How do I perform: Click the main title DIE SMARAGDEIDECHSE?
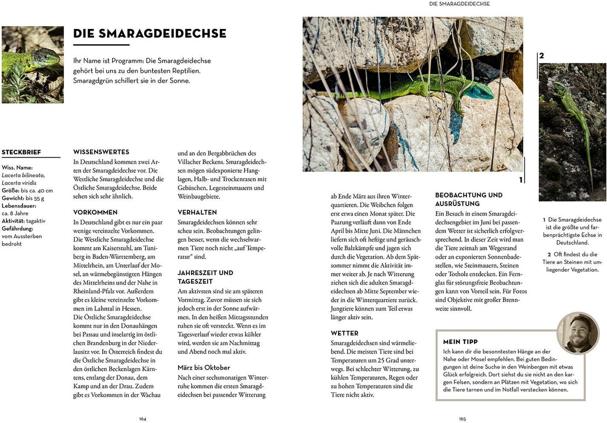149,34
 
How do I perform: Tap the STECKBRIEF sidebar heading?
21,152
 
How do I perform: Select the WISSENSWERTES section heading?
101,151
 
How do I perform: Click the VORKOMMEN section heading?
95,212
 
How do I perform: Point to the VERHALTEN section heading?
197,212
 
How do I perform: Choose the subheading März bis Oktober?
203,367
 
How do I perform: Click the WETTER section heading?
344,333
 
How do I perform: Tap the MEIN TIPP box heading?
460,342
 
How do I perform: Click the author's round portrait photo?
577,333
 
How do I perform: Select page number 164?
142,418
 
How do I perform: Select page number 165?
462,418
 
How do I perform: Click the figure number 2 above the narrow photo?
541,56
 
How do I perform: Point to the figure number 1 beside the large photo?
520,179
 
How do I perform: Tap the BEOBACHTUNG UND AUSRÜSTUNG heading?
468,199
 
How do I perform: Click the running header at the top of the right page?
459,3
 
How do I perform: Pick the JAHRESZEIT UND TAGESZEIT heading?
205,277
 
